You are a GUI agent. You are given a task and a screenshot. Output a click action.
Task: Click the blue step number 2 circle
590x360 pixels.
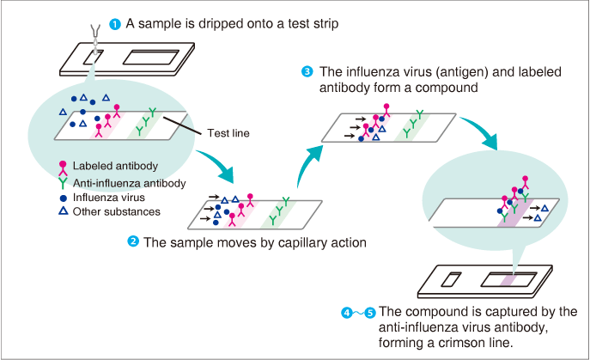[x=133, y=242]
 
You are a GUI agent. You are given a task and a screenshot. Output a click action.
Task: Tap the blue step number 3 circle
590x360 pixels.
[x=307, y=71]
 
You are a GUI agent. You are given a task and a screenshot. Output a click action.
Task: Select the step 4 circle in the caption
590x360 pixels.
[x=347, y=313]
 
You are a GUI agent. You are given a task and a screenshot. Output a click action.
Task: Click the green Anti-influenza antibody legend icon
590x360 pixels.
[x=62, y=182]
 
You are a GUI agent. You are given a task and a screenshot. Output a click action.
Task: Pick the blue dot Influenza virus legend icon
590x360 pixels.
[x=62, y=197]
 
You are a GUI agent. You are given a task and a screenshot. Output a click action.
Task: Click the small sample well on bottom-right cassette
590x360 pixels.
[x=453, y=280]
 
